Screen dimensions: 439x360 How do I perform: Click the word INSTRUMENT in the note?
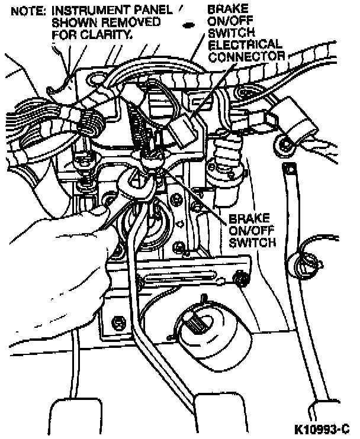(87, 11)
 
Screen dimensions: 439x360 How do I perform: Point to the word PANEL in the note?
(152, 11)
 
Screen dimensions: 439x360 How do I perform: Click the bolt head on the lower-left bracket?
(118, 322)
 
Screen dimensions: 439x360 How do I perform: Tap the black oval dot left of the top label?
(189, 25)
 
